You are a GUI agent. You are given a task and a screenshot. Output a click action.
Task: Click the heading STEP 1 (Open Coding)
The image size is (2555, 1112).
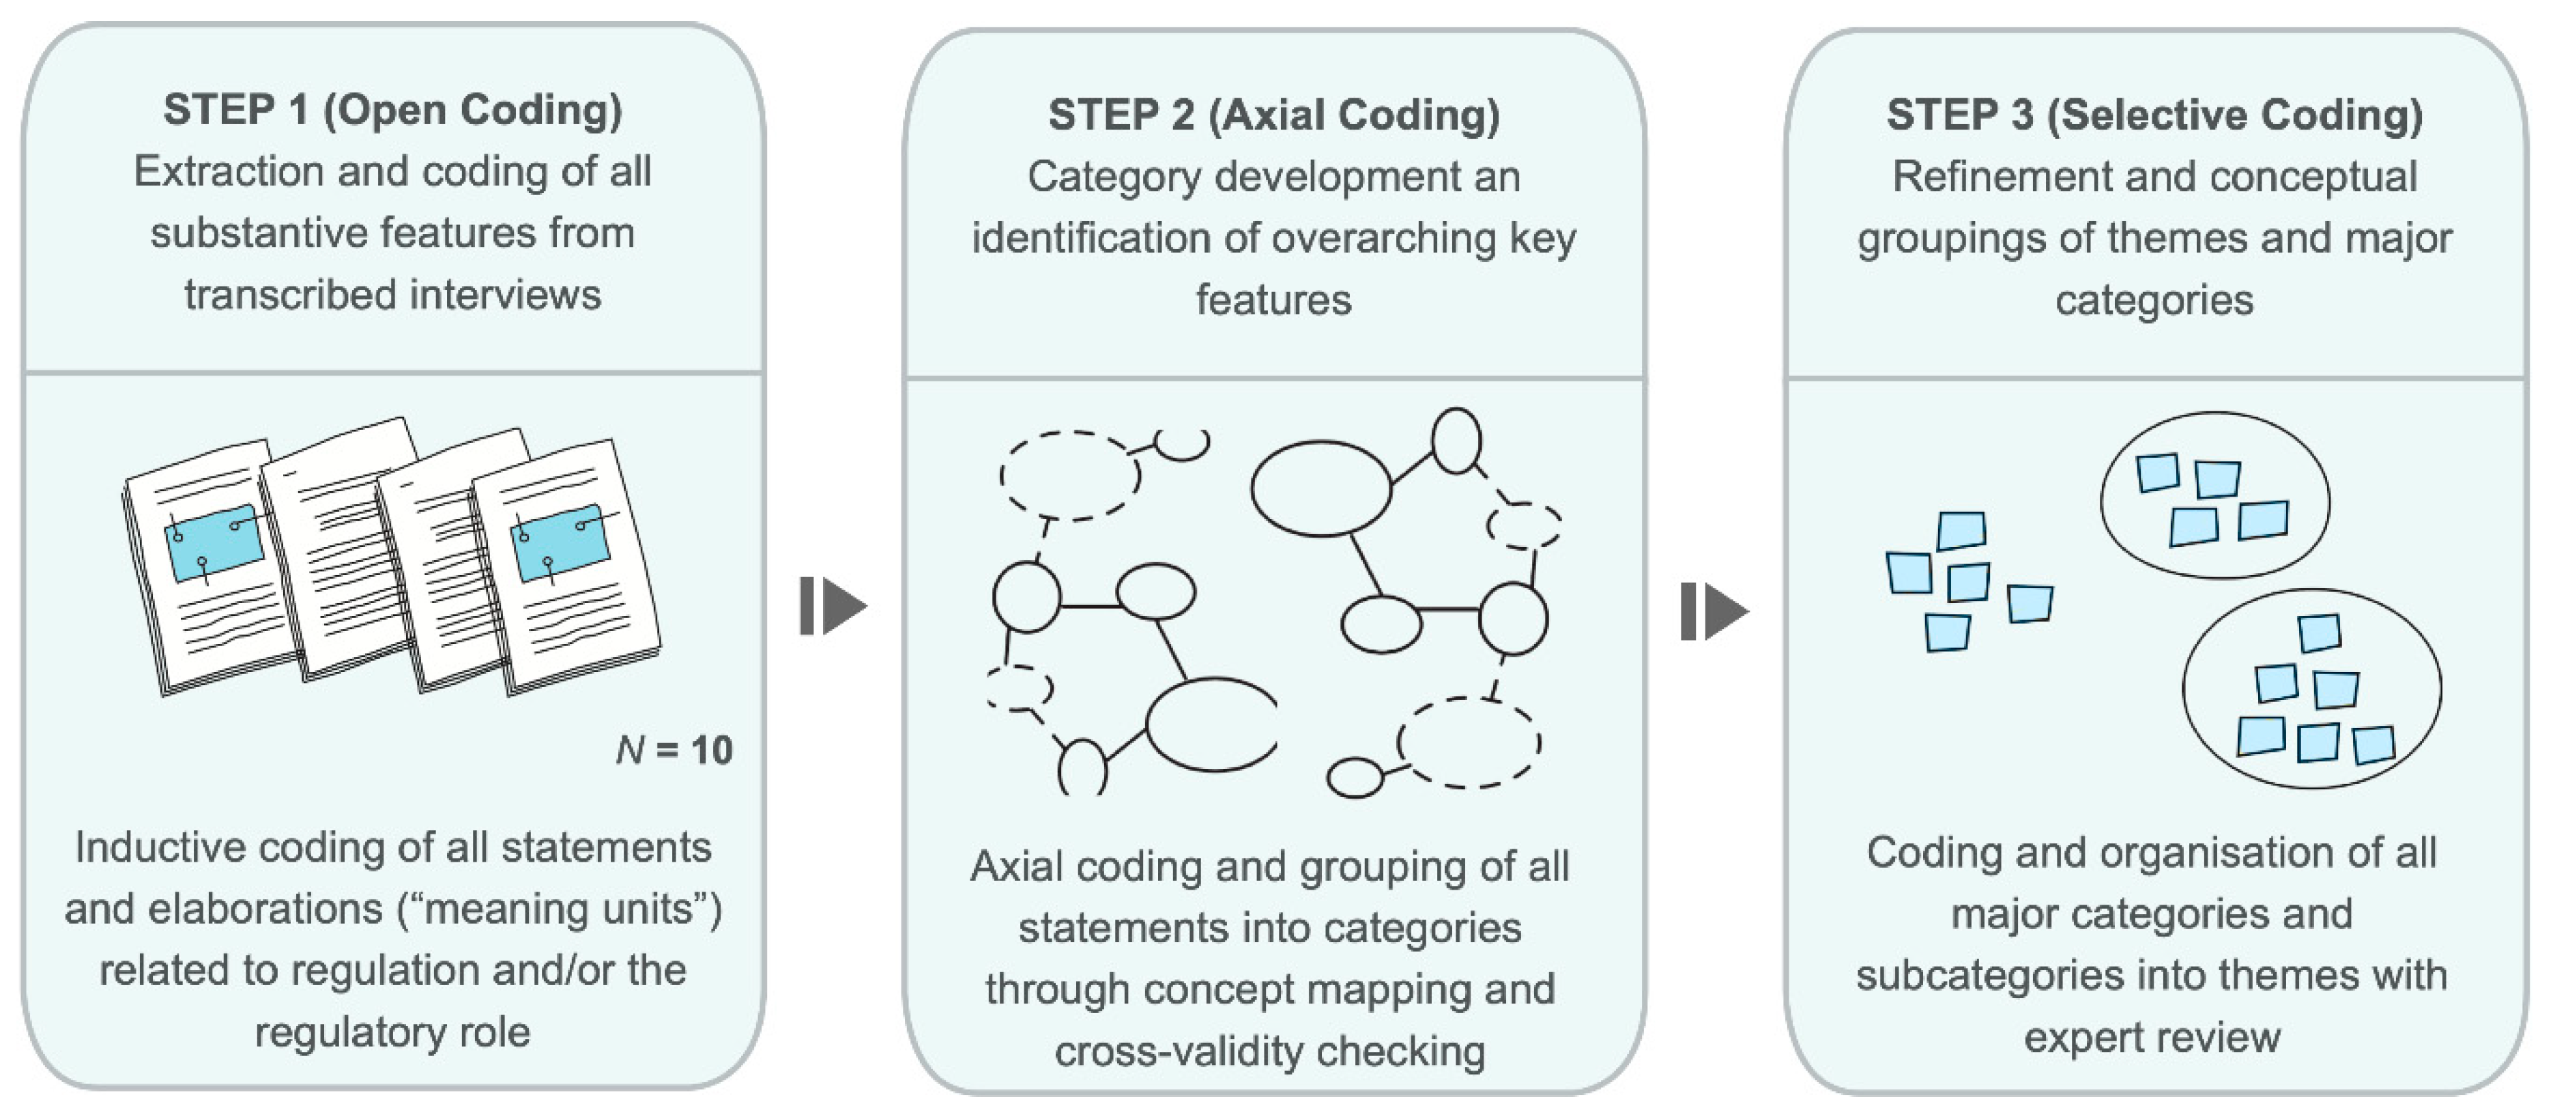click(x=393, y=110)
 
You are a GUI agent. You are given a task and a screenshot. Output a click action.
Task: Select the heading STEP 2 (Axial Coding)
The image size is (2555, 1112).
click(x=1273, y=115)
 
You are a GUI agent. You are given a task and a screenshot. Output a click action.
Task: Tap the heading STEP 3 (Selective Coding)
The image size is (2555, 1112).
click(x=2154, y=115)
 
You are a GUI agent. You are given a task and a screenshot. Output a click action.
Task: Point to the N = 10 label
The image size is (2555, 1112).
click(x=674, y=750)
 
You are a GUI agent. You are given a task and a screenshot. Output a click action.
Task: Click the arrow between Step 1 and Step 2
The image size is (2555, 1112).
click(x=833, y=605)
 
